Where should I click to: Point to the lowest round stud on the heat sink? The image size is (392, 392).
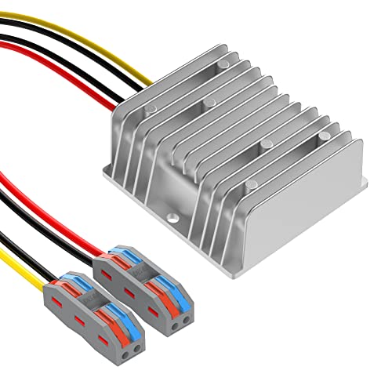249,186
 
